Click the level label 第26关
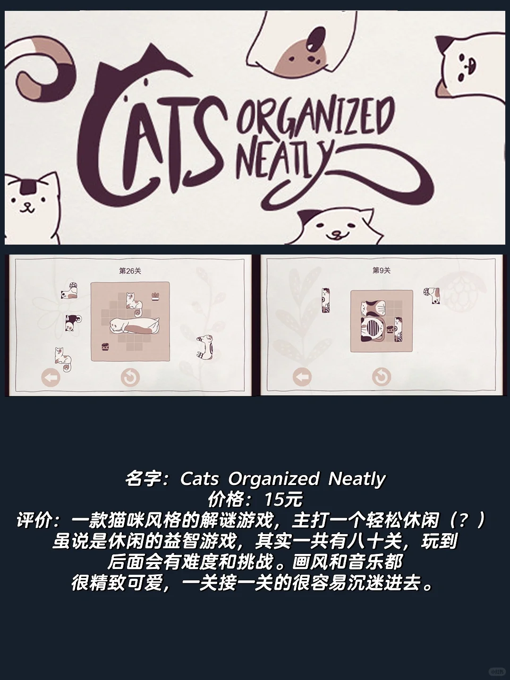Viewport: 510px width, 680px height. [x=130, y=271]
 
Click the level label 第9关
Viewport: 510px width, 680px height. [x=382, y=271]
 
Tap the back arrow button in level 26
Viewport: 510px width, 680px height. [x=51, y=377]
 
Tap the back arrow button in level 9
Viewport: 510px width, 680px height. [x=302, y=377]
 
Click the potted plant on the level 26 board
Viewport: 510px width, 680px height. [x=155, y=297]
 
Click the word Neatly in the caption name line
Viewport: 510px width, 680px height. [x=357, y=478]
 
